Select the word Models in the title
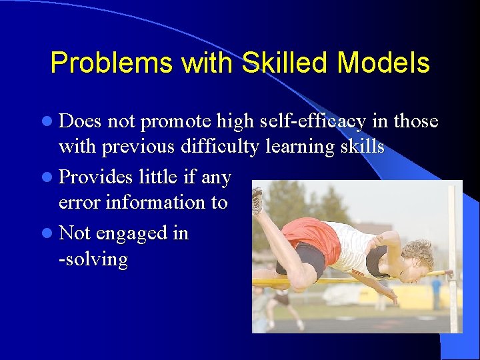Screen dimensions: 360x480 pyautogui.click(x=383, y=63)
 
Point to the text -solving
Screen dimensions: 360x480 pyautogui.click(x=93, y=259)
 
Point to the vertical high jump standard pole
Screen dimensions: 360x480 pyautogui.click(x=453, y=260)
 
